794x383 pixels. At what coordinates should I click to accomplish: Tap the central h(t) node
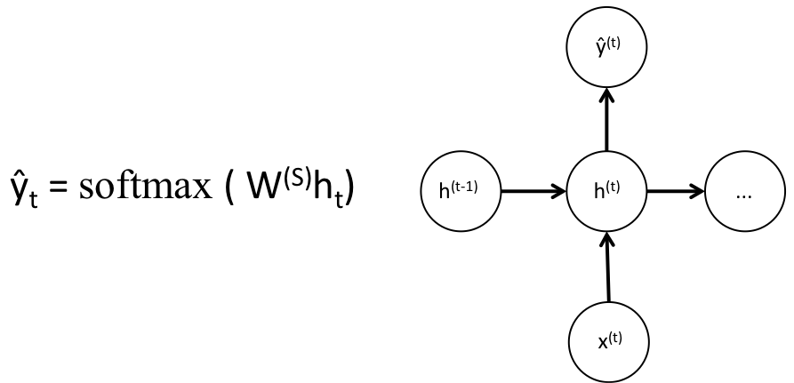[607, 191]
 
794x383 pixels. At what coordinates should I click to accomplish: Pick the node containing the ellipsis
[745, 191]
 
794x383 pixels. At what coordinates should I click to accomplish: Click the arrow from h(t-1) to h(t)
[534, 191]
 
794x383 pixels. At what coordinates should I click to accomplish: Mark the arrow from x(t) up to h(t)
[607, 267]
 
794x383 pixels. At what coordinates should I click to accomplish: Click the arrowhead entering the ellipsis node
[698, 191]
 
